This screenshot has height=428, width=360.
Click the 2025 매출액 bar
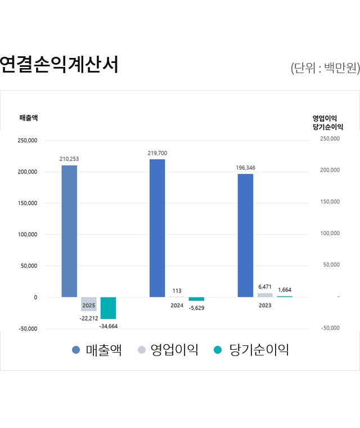[69, 231]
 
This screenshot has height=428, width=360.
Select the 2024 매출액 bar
[157, 228]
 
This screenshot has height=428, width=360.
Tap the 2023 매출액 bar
[245, 235]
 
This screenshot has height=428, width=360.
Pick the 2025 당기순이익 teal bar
[108, 308]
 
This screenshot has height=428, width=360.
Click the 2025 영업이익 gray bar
[88, 304]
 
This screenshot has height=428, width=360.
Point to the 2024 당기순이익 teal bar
[196, 299]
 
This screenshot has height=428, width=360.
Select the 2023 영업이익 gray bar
[265, 295]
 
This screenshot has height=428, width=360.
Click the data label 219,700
[157, 153]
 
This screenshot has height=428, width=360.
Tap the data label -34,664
[108, 326]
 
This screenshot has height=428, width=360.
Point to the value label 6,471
[265, 287]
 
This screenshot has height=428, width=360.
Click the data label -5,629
[196, 308]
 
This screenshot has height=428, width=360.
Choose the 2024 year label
[177, 305]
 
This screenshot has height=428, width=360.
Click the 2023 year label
[265, 305]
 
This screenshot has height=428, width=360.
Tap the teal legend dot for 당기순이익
[218, 350]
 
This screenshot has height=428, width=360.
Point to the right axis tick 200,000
[330, 170]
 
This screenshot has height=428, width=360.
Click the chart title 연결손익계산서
[59, 65]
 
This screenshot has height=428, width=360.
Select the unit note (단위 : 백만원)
[325, 69]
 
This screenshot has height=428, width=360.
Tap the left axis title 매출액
[29, 118]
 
